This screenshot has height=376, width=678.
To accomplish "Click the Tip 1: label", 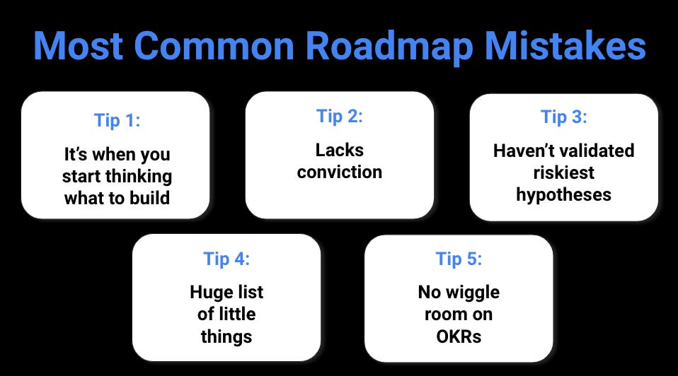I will (x=117, y=120).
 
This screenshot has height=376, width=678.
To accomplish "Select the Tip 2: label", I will (x=339, y=117).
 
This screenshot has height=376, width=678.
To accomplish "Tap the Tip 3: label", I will (x=563, y=117).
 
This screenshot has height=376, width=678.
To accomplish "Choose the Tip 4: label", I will (x=226, y=259).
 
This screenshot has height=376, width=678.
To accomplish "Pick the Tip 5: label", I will (x=458, y=259).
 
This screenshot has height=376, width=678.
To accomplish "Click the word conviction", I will (x=339, y=172).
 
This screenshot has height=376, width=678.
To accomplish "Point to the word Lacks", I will (x=339, y=150).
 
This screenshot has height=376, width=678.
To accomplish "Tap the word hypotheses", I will (x=563, y=194).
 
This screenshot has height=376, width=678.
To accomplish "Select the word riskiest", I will (x=563, y=172).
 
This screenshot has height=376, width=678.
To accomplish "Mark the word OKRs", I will (x=458, y=336).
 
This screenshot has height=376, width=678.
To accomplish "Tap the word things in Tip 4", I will (x=226, y=336).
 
